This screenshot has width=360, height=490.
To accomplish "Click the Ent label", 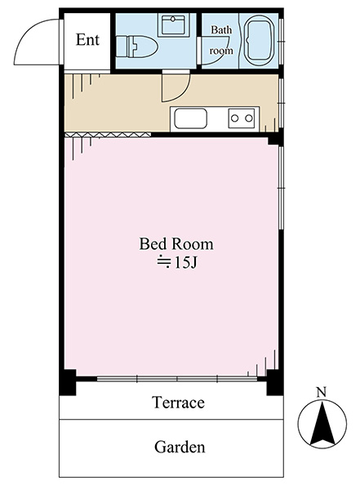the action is click(x=87, y=40).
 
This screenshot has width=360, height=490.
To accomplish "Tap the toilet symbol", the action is click(x=136, y=47).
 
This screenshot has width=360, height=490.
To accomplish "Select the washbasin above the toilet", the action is click(x=172, y=25).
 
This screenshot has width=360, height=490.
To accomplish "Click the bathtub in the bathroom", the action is click(x=259, y=41).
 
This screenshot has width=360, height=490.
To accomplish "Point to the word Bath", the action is click(x=221, y=30).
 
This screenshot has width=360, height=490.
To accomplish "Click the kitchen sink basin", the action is click(x=191, y=118).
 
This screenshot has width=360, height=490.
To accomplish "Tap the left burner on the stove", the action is click(x=234, y=118).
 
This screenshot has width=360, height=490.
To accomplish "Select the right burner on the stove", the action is click(x=249, y=118).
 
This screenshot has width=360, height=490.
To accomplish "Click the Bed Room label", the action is click(x=176, y=243).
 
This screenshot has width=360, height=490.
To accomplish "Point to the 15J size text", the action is click(x=177, y=262).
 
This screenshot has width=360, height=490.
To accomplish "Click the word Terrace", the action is click(x=179, y=402).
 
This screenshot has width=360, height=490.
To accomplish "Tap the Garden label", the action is click(x=180, y=447).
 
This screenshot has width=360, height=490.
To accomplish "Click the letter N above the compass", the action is click(x=322, y=392).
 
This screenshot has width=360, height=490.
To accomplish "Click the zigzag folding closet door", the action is click(x=108, y=135).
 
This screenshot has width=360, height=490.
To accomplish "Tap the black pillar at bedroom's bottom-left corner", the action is click(x=68, y=382).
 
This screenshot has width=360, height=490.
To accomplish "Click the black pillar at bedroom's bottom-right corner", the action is click(x=275, y=382).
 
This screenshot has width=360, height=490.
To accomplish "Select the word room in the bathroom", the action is click(x=221, y=51).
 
